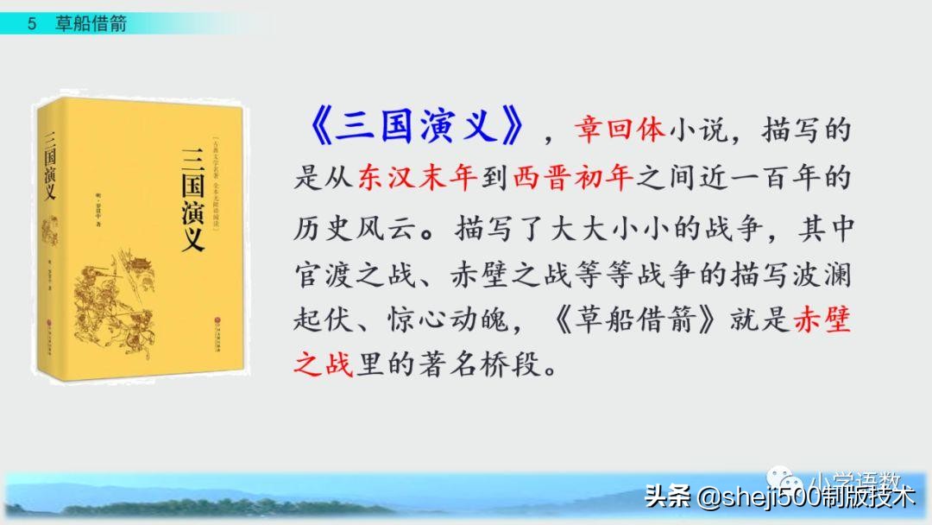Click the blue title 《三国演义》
[412, 128]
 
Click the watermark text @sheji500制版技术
[805, 497]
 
